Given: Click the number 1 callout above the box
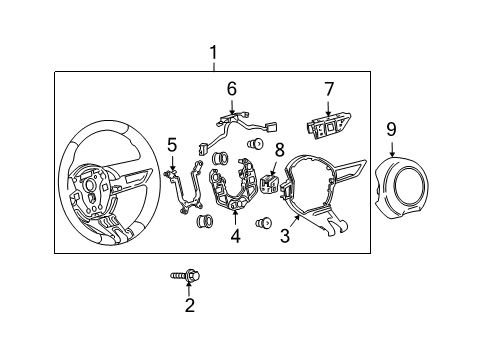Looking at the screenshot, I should (x=212, y=51).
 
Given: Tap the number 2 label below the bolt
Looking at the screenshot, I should (x=189, y=306).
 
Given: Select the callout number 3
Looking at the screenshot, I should (x=284, y=237).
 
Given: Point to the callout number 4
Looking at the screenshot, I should (x=235, y=237).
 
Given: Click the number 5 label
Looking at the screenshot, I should (x=171, y=146).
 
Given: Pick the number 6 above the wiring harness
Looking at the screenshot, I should (x=231, y=88).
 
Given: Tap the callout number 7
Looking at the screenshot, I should (x=329, y=88).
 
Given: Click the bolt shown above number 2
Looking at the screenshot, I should (x=186, y=273).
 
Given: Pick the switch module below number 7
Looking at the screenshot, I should (x=330, y=128).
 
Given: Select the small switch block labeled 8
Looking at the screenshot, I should (x=271, y=186).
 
